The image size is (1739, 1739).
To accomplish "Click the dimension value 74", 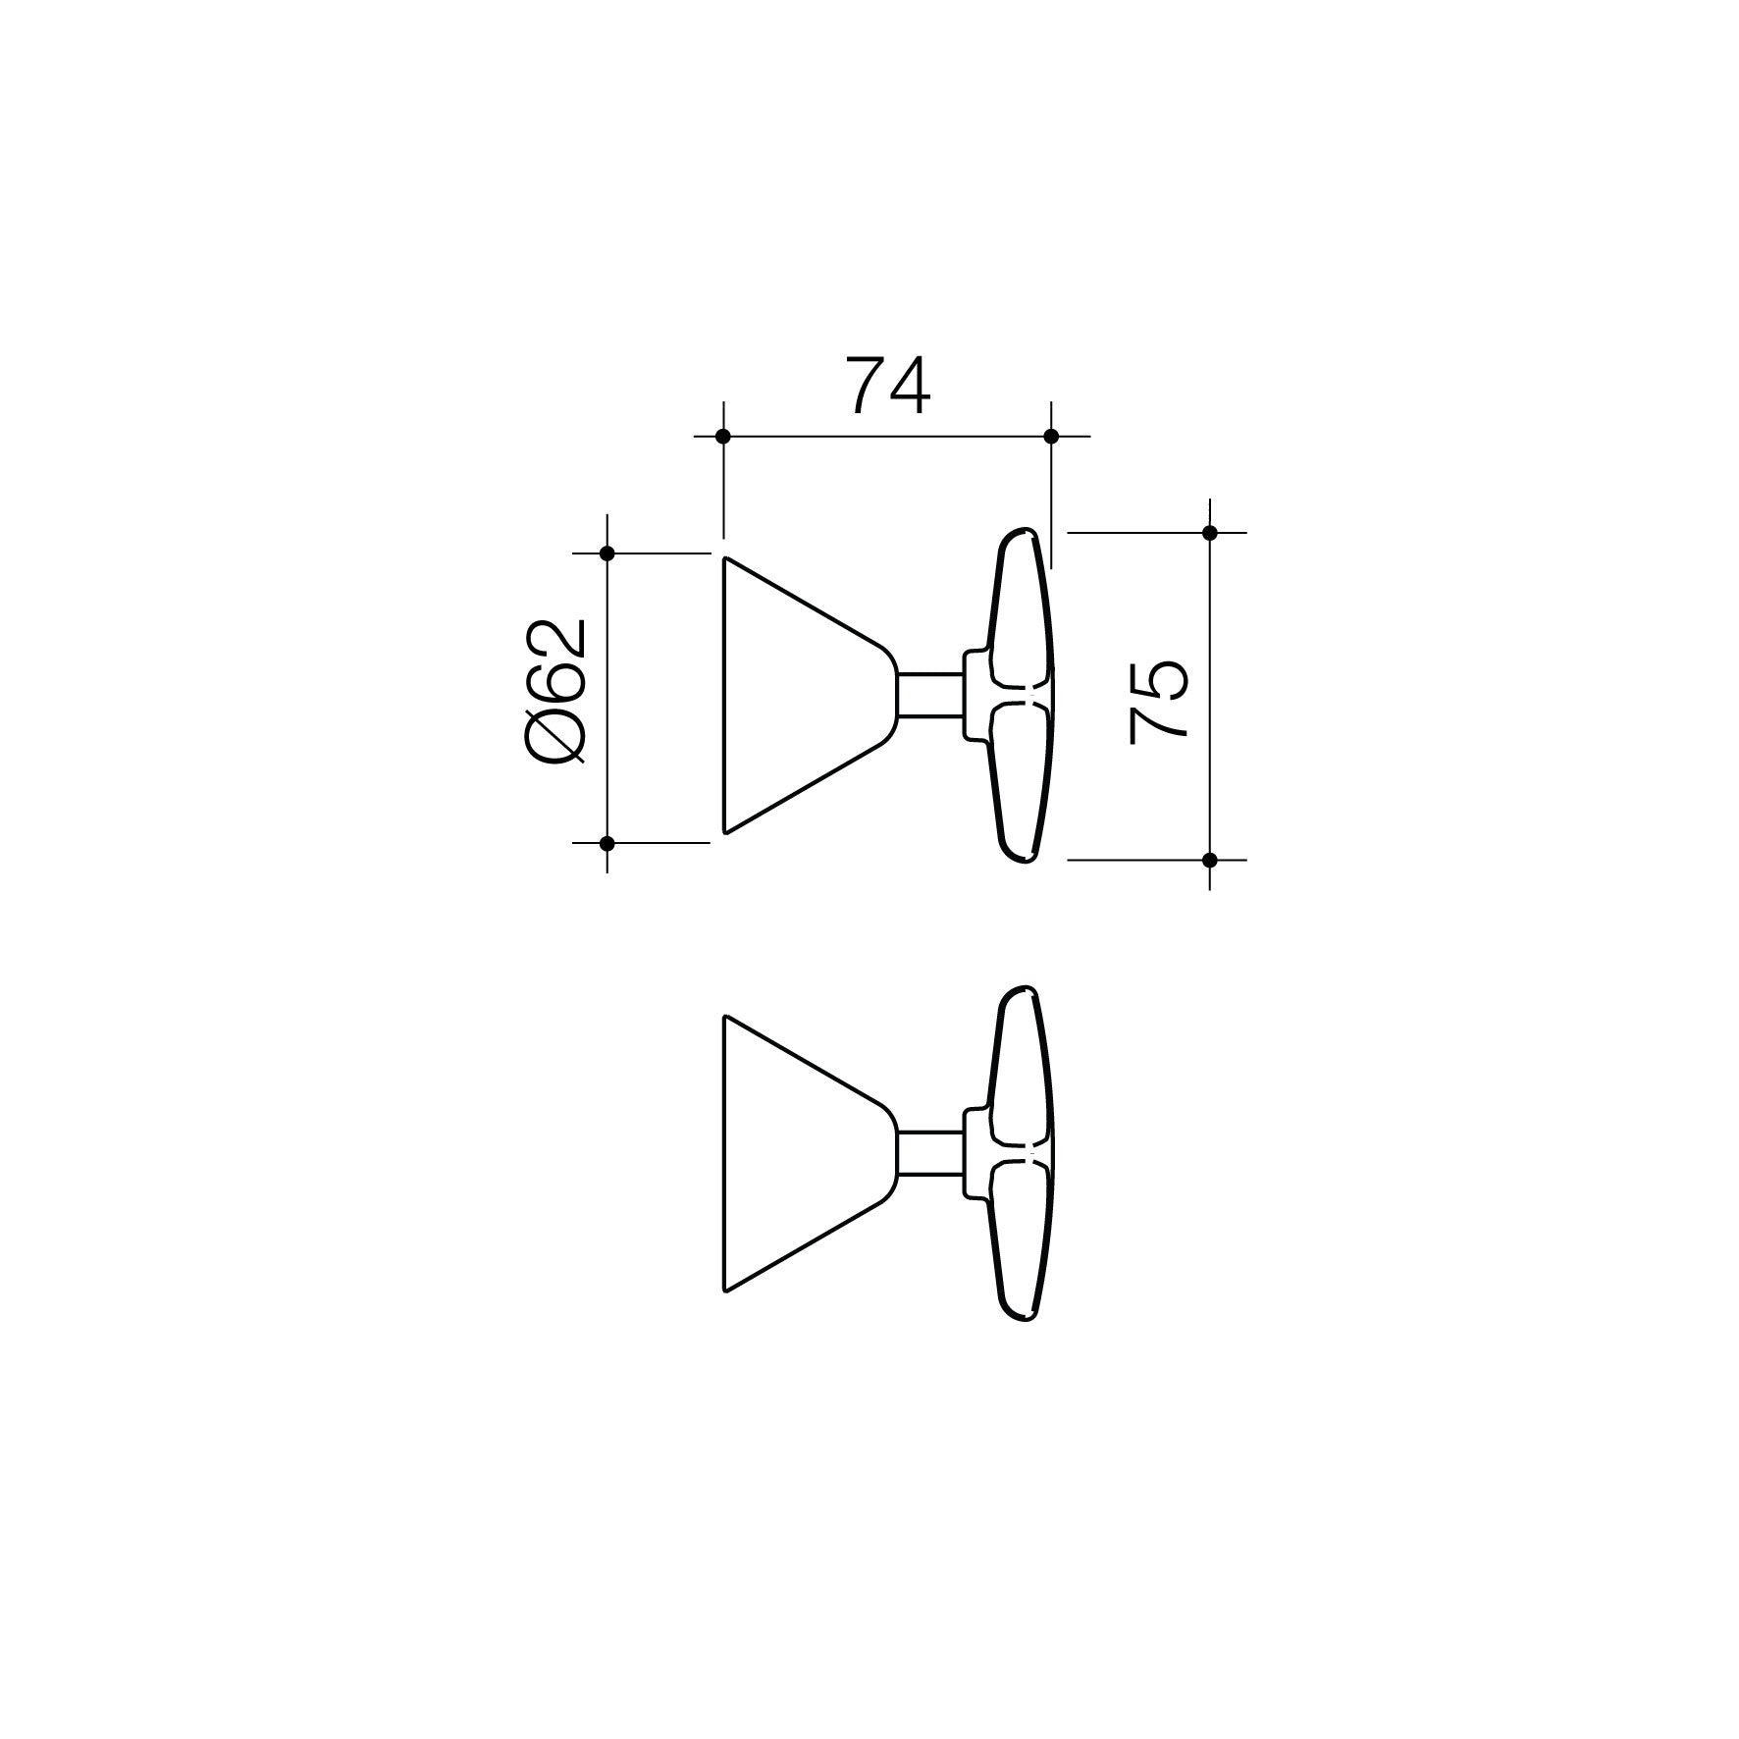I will pos(888,387).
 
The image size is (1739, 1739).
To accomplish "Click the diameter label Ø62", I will pos(557,691).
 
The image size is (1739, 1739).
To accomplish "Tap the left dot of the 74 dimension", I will pos(723,436).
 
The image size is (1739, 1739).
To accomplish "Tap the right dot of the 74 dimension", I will pos(1051,436).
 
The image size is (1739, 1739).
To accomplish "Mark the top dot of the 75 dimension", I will pos(1209,533).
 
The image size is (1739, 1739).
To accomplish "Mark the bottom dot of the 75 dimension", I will pos(1209,860).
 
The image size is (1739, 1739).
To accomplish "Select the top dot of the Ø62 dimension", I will pos(606,553).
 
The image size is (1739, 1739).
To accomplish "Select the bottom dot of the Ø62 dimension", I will pos(606,843).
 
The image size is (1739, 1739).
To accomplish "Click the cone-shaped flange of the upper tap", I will pos(795,696).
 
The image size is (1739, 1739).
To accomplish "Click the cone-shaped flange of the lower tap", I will pos(795,1153).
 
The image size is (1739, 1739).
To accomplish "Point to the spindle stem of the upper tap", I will pos(929,696).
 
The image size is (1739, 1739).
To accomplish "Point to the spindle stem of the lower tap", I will pos(929,1154).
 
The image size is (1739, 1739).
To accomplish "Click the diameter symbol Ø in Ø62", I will pos(557,736).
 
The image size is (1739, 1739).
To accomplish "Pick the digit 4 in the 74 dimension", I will pos(909,387).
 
